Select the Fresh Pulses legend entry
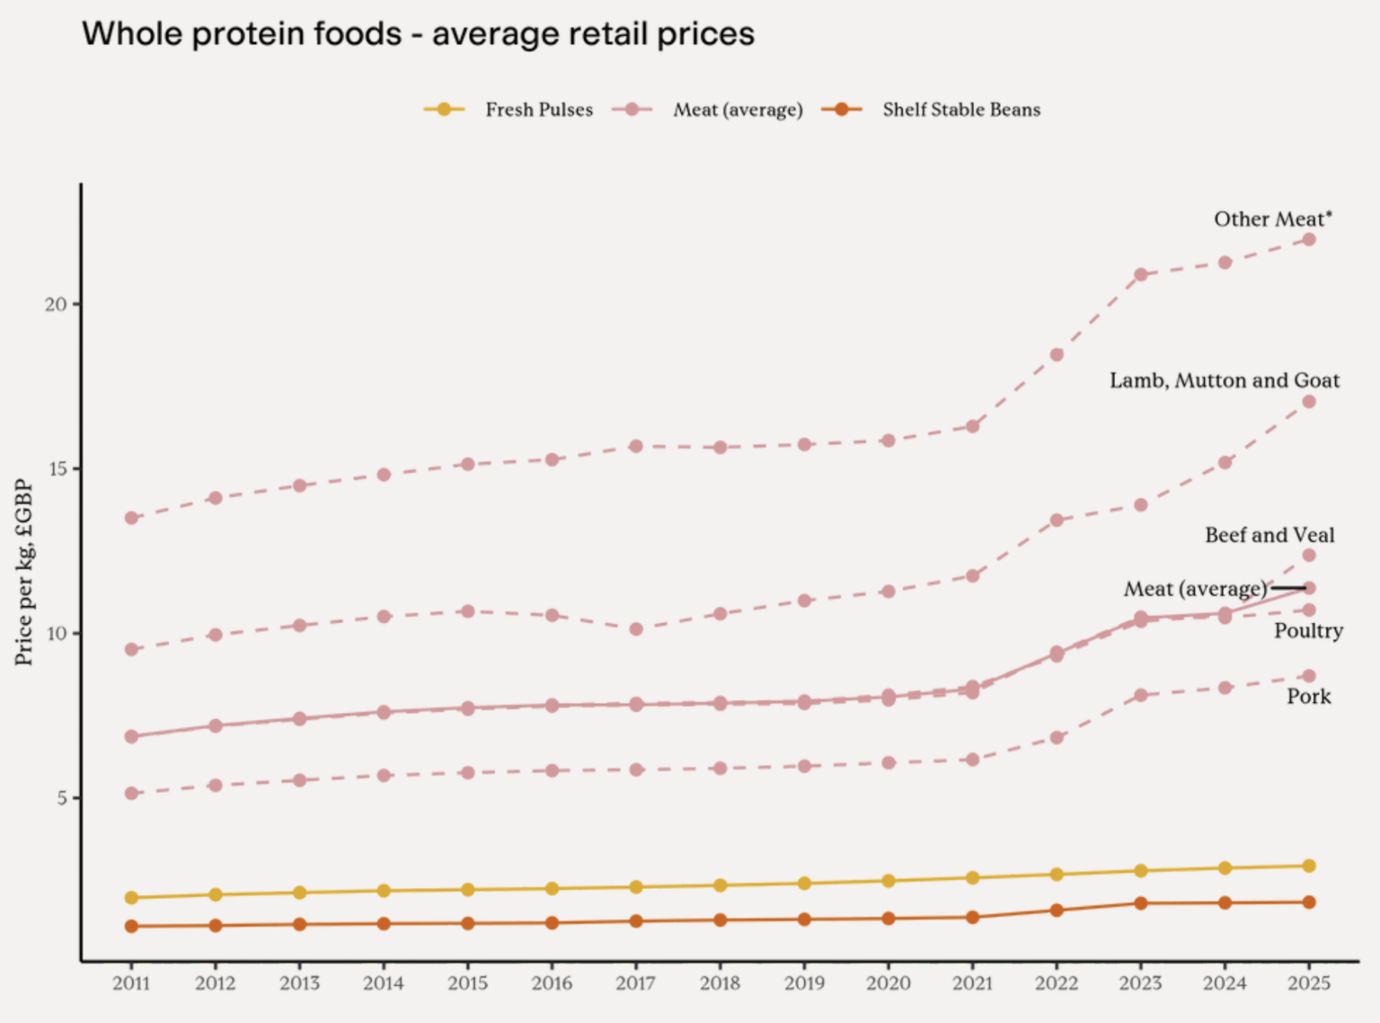[x=537, y=110]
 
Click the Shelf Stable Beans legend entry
[x=960, y=110]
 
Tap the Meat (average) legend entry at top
[x=737, y=110]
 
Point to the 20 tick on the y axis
[x=56, y=305]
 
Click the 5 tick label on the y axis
[x=61, y=798]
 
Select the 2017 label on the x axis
[x=635, y=983]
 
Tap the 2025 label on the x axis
[x=1308, y=983]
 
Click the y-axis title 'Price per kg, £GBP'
[x=24, y=573]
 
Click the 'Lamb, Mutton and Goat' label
[x=1224, y=380]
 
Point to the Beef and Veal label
[x=1269, y=535]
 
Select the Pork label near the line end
[x=1308, y=697]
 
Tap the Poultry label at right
[x=1308, y=631]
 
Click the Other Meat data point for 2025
[x=1309, y=239]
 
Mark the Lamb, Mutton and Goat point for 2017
[x=636, y=629]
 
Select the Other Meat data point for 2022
[x=1057, y=355]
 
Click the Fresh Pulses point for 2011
[x=131, y=898]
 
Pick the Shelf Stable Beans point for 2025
[x=1309, y=903]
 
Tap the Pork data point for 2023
[x=1141, y=695]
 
